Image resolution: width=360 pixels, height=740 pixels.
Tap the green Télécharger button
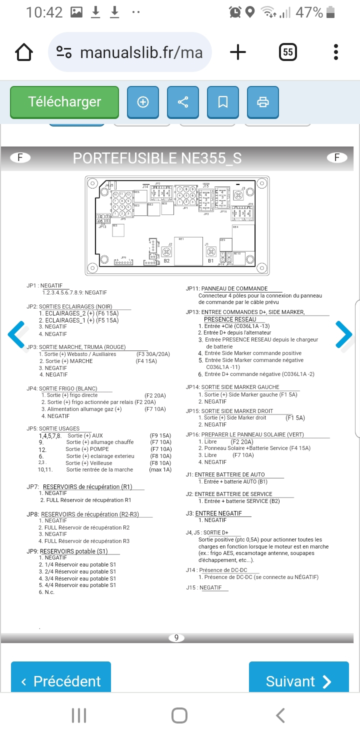64,102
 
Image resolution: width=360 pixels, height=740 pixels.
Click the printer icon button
262,102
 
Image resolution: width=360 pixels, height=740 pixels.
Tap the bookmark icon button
223,102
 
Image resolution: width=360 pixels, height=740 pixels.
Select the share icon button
183,102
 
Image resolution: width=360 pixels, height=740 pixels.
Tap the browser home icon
24,52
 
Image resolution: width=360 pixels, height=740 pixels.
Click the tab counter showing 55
287,52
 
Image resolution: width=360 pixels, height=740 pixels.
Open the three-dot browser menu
336,52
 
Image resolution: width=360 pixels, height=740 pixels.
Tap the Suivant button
298,681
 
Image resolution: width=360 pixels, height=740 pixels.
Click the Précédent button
61,681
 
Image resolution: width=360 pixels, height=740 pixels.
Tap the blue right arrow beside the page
343,334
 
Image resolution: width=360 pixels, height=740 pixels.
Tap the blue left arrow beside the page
16,334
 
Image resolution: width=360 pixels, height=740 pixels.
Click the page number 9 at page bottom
176,637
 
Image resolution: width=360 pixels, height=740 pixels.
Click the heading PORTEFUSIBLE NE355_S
157,158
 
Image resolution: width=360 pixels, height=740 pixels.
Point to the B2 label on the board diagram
167,261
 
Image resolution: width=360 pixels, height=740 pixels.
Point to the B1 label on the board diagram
211,261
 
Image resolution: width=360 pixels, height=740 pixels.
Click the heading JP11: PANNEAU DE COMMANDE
227,288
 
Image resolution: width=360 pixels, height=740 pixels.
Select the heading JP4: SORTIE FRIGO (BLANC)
62,388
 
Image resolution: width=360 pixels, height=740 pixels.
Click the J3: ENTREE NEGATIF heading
213,513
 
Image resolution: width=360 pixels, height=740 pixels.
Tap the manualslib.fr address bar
130,52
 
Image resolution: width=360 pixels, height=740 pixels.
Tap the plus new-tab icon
238,52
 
